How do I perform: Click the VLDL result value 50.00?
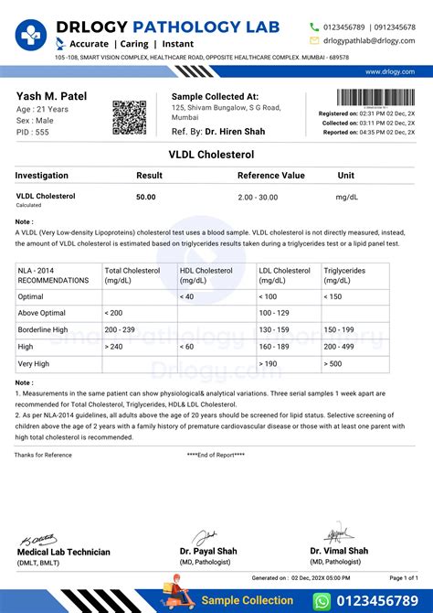click(146, 197)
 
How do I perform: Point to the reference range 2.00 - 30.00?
click(259, 197)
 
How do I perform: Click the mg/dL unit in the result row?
click(347, 197)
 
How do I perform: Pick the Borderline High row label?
click(43, 329)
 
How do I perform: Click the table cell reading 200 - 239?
click(124, 329)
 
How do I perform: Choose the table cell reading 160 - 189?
click(275, 347)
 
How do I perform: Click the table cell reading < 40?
click(187, 296)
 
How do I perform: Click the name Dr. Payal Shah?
click(209, 551)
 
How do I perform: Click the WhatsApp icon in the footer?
click(322, 600)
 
